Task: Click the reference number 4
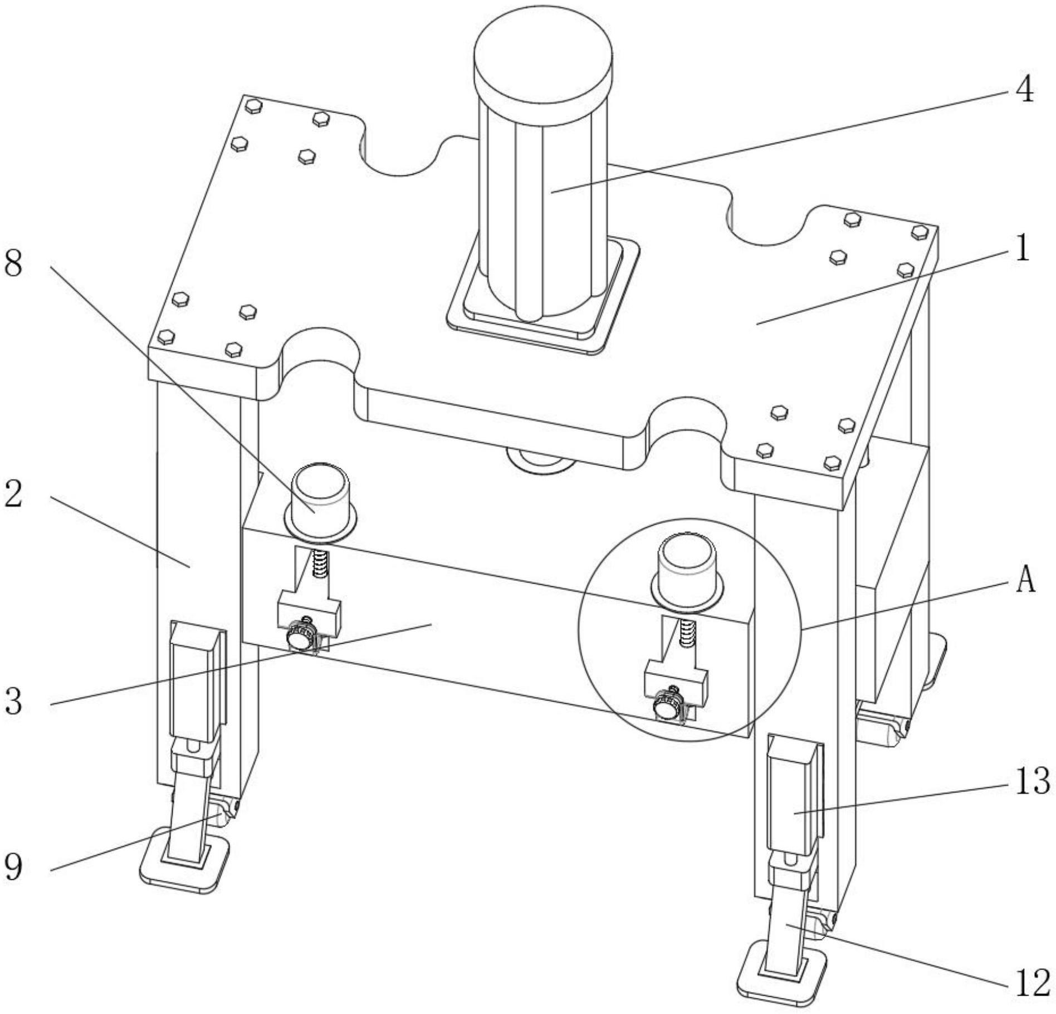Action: [1024, 89]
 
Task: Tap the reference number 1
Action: [1023, 248]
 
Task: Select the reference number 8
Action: [14, 263]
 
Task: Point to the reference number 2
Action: [14, 494]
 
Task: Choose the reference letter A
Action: [1025, 580]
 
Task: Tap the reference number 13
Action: [1032, 781]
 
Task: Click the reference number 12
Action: [1032, 984]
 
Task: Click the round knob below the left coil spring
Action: [299, 639]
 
